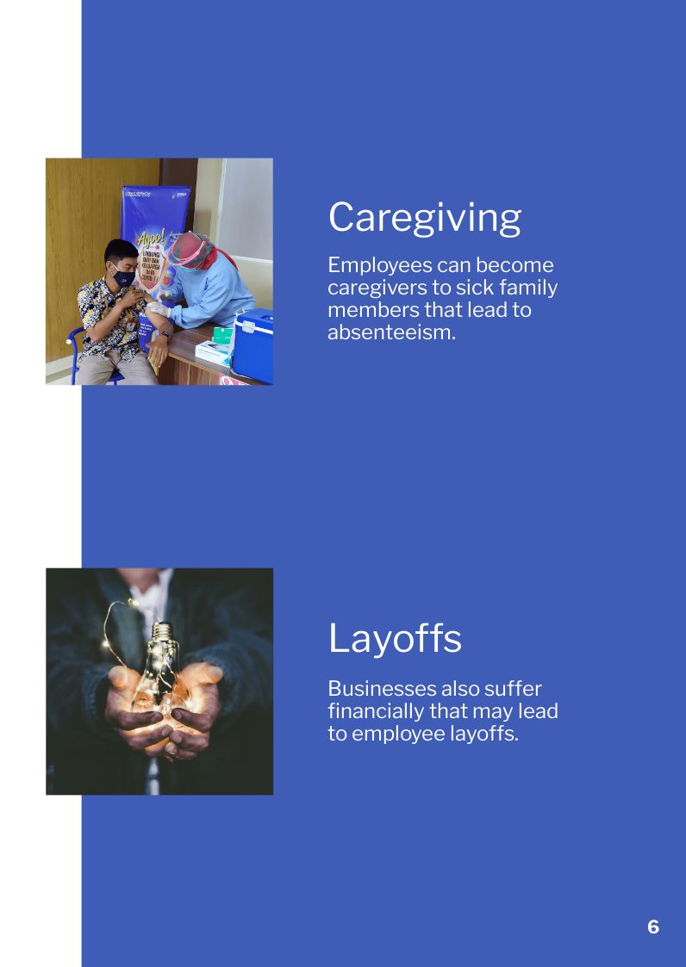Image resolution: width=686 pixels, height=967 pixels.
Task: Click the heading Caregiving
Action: pos(424,217)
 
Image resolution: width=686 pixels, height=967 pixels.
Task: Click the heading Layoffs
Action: pos(395,638)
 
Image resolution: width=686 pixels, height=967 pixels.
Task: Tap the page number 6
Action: pos(653,927)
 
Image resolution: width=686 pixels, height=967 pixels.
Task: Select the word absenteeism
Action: pos(390,332)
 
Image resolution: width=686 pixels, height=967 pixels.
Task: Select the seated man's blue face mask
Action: pos(123,277)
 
